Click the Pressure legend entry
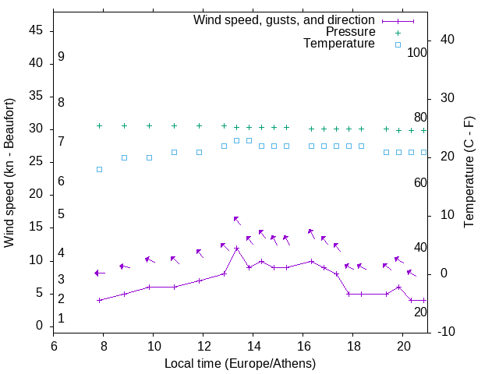point(350,32)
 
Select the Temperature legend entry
point(338,44)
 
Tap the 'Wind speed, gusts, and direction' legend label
point(284,19)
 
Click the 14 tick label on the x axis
point(253,347)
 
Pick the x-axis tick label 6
point(54,347)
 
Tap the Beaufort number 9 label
point(61,57)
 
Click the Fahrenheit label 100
point(417,52)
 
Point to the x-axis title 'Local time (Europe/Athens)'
point(240,363)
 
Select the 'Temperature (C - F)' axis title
point(469,173)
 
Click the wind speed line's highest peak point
point(236,248)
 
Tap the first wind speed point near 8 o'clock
point(99,300)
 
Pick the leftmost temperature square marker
point(99,169)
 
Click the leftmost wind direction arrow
point(99,273)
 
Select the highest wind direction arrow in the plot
point(237,221)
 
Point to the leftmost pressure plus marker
point(99,125)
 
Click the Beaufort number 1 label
point(61,319)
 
